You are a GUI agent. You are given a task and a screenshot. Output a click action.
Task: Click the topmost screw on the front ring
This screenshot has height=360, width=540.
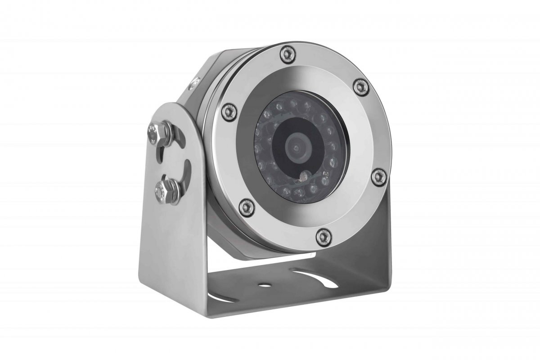point(284,54)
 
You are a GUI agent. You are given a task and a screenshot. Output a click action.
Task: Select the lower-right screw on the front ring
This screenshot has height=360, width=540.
point(378,177)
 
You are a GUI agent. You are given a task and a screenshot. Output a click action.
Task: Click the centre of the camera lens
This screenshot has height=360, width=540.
point(296,147)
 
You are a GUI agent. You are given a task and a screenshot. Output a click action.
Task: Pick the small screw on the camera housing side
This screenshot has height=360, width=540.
point(194,82)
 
